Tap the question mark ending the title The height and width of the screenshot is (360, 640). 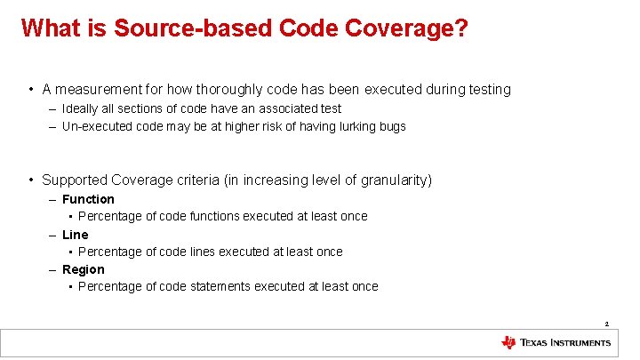coord(462,28)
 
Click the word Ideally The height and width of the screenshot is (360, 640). coord(81,108)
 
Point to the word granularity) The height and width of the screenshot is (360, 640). coord(396,180)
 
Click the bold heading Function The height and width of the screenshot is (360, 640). coord(88,199)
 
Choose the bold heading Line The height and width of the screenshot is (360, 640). coord(76,235)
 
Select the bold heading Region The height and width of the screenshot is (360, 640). coord(84,269)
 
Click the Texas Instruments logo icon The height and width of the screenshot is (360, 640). coord(508,343)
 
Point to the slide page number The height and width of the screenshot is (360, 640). coord(606,324)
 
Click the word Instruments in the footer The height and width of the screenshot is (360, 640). coord(580,343)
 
